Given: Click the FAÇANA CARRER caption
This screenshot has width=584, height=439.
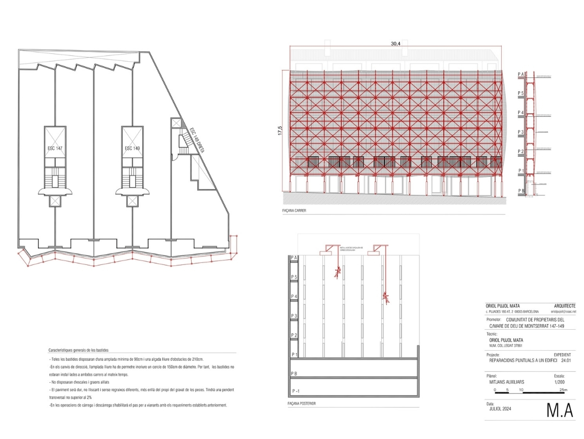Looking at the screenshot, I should (x=294, y=211).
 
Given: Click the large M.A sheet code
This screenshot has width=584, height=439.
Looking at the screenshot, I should (x=559, y=410).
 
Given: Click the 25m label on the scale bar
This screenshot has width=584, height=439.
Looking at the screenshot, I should (x=563, y=390).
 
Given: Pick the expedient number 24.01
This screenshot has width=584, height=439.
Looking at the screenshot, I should (x=566, y=360).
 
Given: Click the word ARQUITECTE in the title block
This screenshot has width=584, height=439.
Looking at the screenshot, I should (x=565, y=306).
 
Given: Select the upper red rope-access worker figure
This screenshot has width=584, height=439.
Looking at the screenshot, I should (x=338, y=272).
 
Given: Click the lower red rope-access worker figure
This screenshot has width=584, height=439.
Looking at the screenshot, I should (x=386, y=298).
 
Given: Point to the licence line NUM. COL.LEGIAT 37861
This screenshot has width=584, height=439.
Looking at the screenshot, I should (x=508, y=346).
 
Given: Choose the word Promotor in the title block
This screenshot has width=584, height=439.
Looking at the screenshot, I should (x=494, y=319).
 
